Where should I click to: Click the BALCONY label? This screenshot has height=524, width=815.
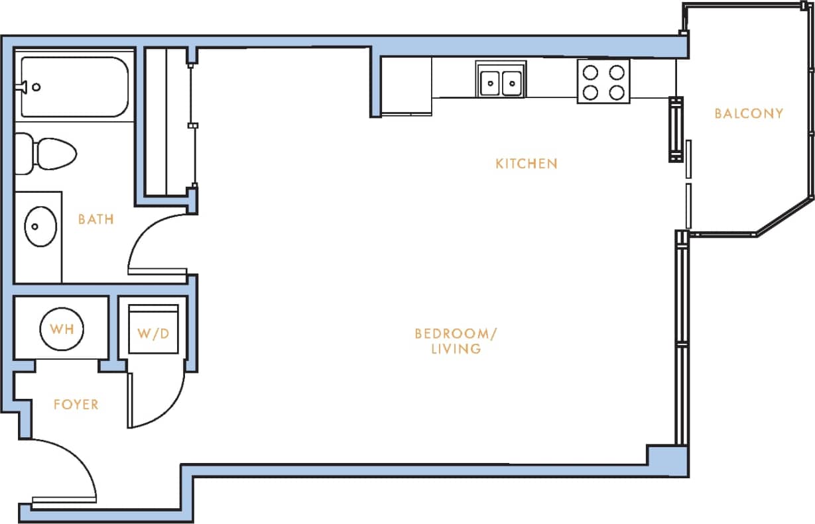[749, 113]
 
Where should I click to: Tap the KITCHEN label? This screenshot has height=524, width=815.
[526, 163]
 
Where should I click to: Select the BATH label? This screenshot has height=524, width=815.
[96, 219]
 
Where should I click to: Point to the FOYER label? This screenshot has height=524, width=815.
[76, 404]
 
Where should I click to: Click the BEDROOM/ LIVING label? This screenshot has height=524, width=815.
[456, 341]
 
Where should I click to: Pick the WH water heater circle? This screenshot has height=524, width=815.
[62, 328]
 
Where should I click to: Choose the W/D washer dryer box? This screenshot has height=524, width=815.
[153, 333]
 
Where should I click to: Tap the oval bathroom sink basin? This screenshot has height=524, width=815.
[40, 227]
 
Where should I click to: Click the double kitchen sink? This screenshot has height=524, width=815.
[501, 82]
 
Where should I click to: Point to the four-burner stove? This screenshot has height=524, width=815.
[603, 81]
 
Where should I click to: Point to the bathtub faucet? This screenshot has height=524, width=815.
[25, 86]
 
